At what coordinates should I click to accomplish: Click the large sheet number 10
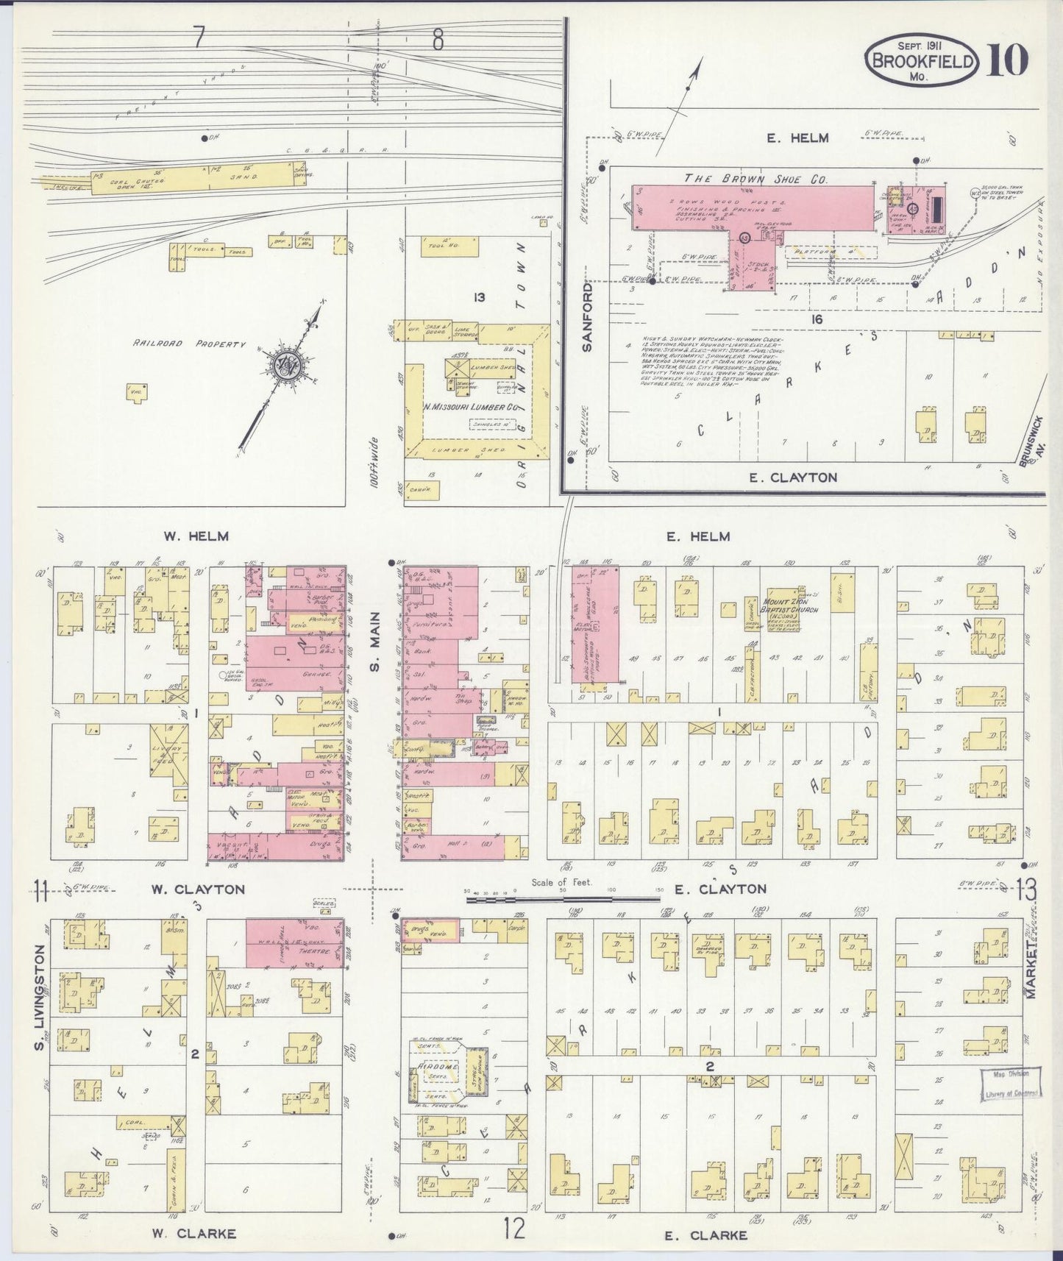[1007, 60]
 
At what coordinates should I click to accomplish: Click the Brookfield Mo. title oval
[922, 60]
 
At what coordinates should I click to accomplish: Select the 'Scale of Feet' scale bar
[563, 897]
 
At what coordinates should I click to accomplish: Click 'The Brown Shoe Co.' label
[756, 179]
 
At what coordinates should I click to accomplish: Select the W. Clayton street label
[197, 889]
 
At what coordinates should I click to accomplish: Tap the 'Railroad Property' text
[189, 344]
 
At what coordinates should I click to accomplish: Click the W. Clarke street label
[193, 1233]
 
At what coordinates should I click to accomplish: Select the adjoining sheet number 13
[1026, 891]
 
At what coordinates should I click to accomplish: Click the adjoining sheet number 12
[513, 1228]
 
